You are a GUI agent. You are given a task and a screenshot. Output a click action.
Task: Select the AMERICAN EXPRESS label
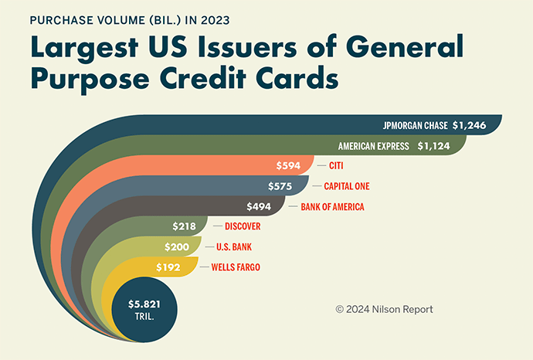click(373, 145)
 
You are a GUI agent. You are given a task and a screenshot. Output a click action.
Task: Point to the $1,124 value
click(436, 145)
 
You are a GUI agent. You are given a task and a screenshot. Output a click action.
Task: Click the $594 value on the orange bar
click(288, 165)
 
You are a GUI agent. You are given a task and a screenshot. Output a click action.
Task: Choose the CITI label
click(337, 165)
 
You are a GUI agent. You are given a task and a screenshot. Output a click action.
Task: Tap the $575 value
click(280, 186)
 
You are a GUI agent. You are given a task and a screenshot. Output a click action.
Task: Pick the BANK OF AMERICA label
click(333, 206)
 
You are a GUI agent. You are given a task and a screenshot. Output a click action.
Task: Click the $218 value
click(182, 226)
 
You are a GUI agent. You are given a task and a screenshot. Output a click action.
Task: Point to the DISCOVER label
click(242, 226)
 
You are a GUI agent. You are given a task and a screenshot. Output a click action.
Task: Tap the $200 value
click(177, 246)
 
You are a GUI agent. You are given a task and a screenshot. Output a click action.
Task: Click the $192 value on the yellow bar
click(168, 267)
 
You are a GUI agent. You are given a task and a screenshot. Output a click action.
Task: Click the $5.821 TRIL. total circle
click(145, 310)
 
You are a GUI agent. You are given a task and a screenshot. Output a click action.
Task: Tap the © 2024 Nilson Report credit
click(384, 309)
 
